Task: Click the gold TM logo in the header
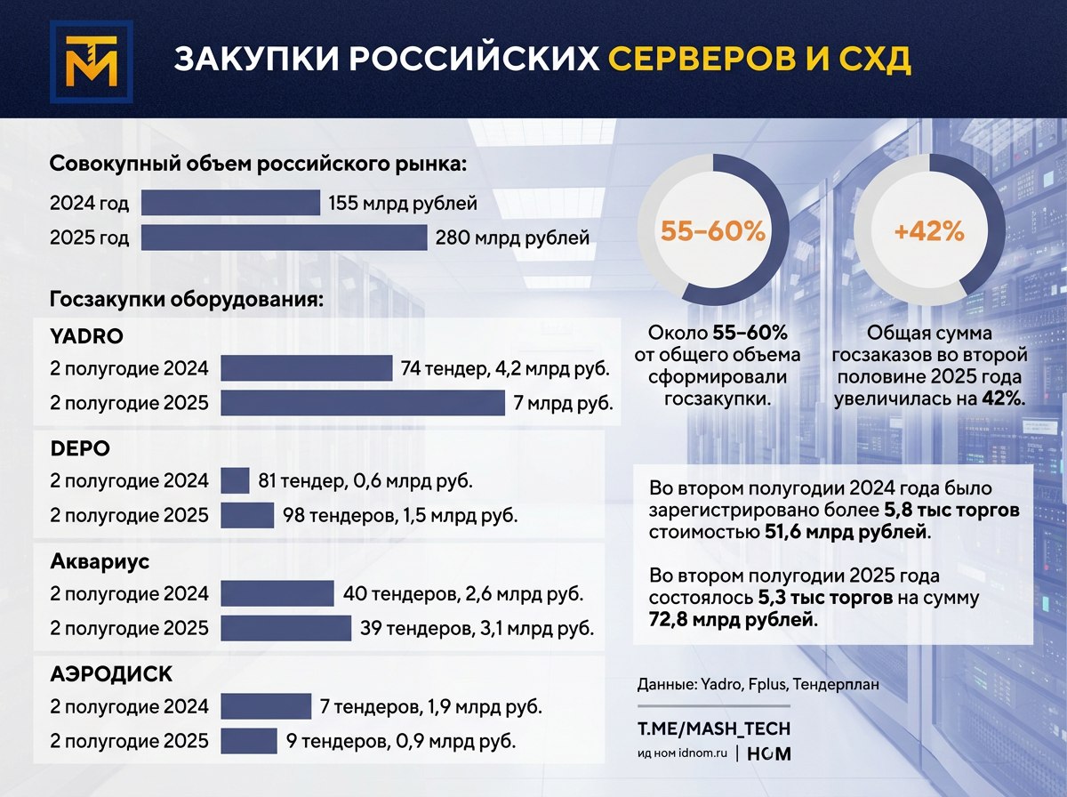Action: [92, 61]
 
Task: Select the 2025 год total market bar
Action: [285, 237]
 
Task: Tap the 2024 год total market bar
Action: [231, 202]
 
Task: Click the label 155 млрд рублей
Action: [403, 204]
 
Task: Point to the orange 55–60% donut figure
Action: [712, 231]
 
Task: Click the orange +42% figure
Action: [929, 231]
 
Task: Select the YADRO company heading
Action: [86, 336]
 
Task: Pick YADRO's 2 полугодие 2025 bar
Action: [363, 403]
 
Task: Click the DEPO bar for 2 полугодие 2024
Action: [236, 480]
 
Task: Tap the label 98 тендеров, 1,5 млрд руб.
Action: [400, 515]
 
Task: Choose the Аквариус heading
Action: [100, 561]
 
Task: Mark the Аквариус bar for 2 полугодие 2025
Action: [285, 628]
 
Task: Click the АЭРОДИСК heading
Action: [111, 674]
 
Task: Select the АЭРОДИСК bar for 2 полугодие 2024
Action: [266, 706]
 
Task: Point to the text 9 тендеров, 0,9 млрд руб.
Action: [401, 741]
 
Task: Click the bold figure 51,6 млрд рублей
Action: [846, 533]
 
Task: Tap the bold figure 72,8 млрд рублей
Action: [731, 619]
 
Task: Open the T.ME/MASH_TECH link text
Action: [714, 729]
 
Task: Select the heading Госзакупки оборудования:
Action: [186, 300]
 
